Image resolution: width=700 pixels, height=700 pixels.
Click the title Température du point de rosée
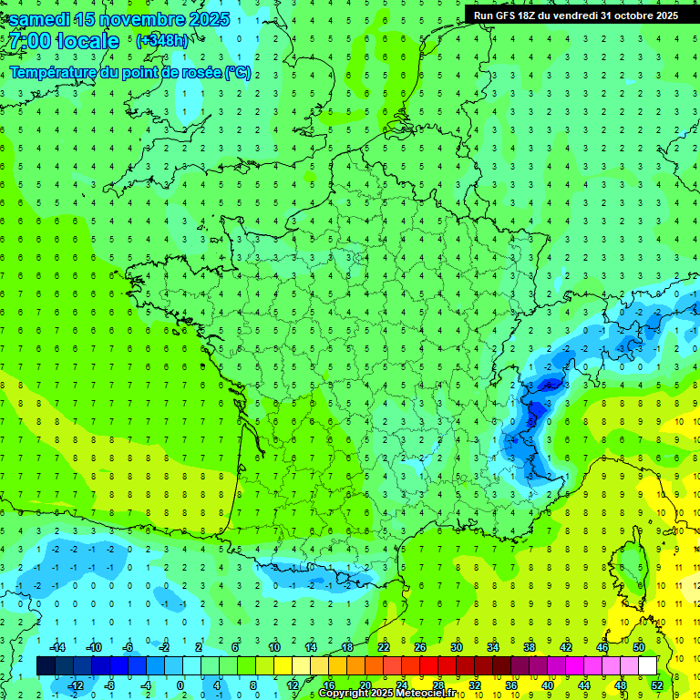click(x=129, y=72)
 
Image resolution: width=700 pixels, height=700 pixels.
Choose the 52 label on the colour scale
click(x=657, y=685)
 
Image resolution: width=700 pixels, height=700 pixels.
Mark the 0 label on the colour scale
click(x=180, y=685)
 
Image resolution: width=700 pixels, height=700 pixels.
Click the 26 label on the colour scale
click(x=420, y=647)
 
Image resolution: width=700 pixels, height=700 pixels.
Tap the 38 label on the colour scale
click(x=530, y=647)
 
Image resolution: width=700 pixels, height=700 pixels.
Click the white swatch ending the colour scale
click(x=647, y=666)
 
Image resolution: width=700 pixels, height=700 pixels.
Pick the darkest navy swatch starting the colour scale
click(x=46, y=666)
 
